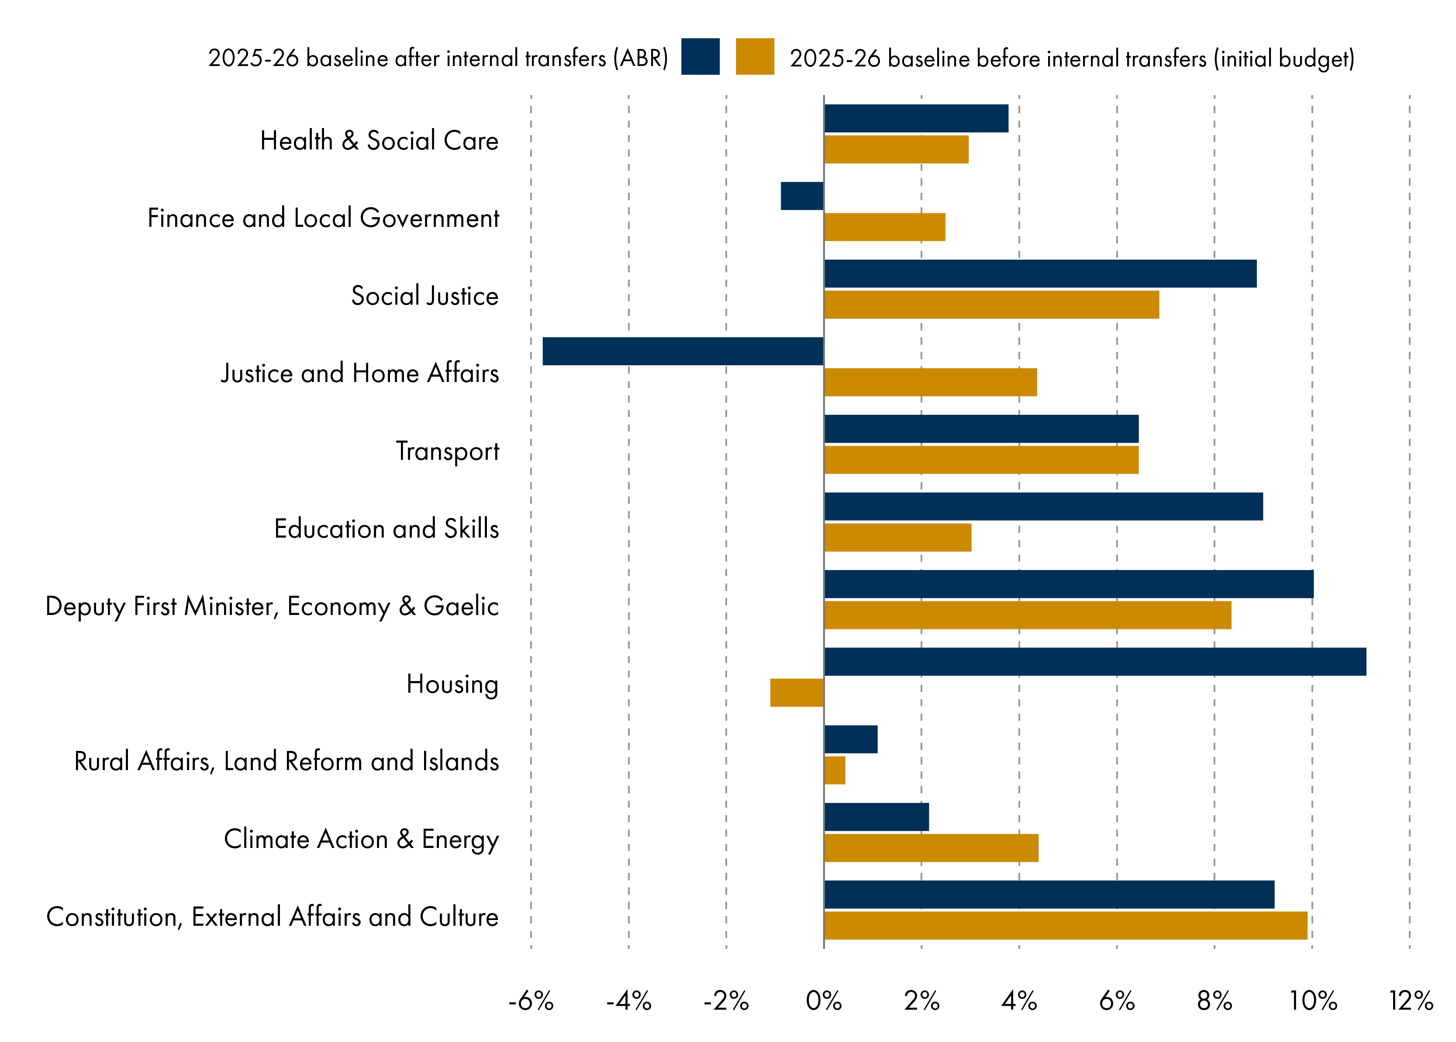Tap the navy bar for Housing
pos(1094,661)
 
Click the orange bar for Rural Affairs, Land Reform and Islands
pos(834,770)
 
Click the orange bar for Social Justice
pos(991,304)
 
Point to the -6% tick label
pos(531,1001)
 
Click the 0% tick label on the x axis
pos(823,1001)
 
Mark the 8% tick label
pos(1214,1001)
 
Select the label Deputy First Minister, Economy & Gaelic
pos(272,606)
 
